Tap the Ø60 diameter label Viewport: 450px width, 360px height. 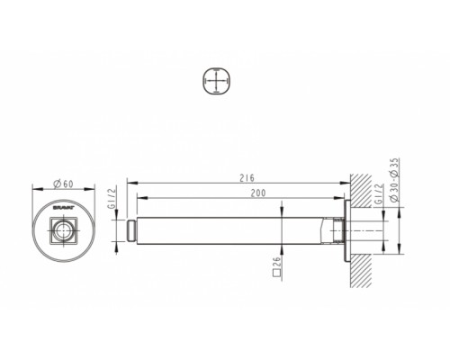point(63,183)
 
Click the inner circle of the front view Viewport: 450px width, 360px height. point(63,237)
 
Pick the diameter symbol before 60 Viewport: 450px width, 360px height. point(57,183)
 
